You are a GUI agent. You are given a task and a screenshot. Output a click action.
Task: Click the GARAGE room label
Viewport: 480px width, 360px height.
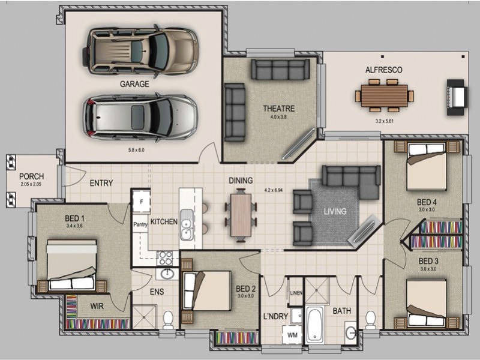(134, 85)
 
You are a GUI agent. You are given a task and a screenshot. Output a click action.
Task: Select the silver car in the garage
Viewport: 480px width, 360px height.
(140, 116)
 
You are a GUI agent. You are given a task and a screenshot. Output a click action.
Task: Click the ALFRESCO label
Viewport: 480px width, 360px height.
(384, 70)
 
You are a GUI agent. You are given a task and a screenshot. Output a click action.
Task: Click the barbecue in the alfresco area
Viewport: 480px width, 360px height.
(456, 95)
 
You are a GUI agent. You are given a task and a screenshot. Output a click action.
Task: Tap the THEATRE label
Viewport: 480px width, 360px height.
(279, 109)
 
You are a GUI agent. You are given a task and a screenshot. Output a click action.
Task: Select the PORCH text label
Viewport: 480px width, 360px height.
(31, 176)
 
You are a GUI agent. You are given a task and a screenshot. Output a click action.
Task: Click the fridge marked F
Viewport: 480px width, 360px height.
(141, 202)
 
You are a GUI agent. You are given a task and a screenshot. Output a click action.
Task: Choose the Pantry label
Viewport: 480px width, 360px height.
(140, 225)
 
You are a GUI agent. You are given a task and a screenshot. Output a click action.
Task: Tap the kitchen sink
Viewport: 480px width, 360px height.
(187, 226)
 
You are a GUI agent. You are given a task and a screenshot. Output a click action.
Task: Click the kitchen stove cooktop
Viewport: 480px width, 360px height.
(165, 258)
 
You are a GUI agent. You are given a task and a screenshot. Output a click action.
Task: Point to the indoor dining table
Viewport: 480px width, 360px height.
(241, 214)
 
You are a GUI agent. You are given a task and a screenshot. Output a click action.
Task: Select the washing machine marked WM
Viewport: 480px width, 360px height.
(293, 335)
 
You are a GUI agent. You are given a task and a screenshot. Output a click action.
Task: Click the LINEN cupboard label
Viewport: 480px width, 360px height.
(296, 293)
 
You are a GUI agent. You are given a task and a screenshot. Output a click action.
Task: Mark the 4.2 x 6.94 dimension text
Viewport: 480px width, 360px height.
(274, 191)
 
